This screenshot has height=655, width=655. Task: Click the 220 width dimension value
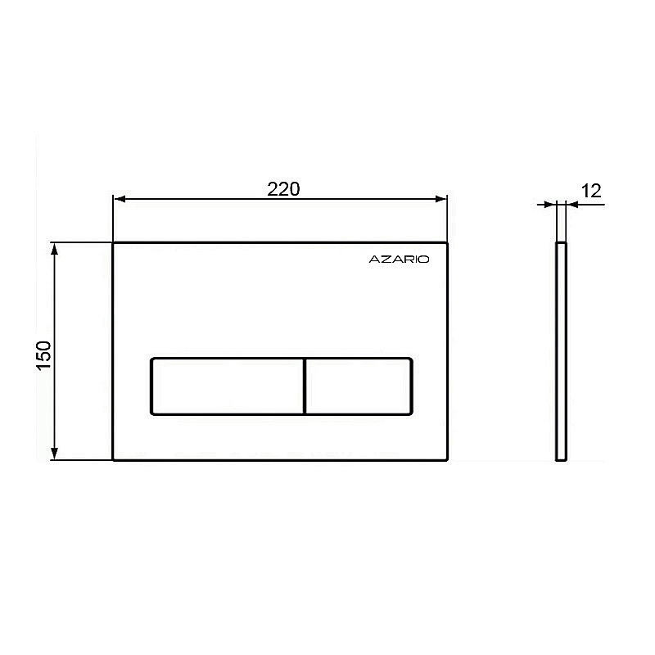(283, 189)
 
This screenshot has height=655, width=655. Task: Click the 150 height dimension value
(44, 355)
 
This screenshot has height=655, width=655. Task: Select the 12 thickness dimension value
(591, 191)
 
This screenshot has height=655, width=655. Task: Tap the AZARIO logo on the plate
(399, 260)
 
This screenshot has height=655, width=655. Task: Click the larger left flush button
(227, 386)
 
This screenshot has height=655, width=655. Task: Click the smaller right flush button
(359, 386)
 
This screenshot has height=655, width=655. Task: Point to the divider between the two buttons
(305, 386)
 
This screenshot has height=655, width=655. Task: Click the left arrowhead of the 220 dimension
(120, 199)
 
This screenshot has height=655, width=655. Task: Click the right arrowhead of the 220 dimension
(441, 199)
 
